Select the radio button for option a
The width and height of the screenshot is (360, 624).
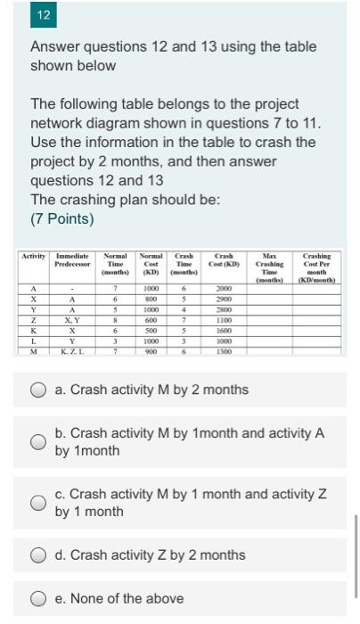(x=38, y=390)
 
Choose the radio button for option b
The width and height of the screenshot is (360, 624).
(x=38, y=441)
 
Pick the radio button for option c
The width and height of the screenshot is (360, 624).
(x=38, y=503)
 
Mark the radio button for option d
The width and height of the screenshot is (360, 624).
(x=38, y=554)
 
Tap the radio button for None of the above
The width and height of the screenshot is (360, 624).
(x=38, y=598)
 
